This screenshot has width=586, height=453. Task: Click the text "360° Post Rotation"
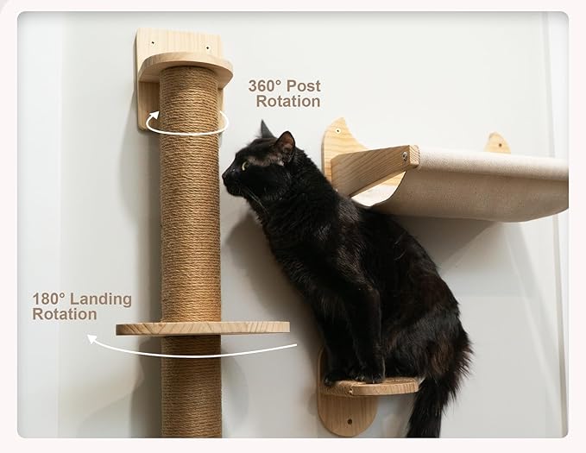click(x=284, y=93)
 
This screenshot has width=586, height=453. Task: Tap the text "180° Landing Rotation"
click(x=82, y=306)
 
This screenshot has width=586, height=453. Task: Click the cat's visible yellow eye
click(x=245, y=165)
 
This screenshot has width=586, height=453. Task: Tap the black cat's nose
click(x=224, y=176)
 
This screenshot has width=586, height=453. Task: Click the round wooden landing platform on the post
click(x=203, y=328)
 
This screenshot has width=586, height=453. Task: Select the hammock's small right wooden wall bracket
click(x=496, y=143)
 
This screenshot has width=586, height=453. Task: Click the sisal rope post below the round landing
click(x=191, y=388)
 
